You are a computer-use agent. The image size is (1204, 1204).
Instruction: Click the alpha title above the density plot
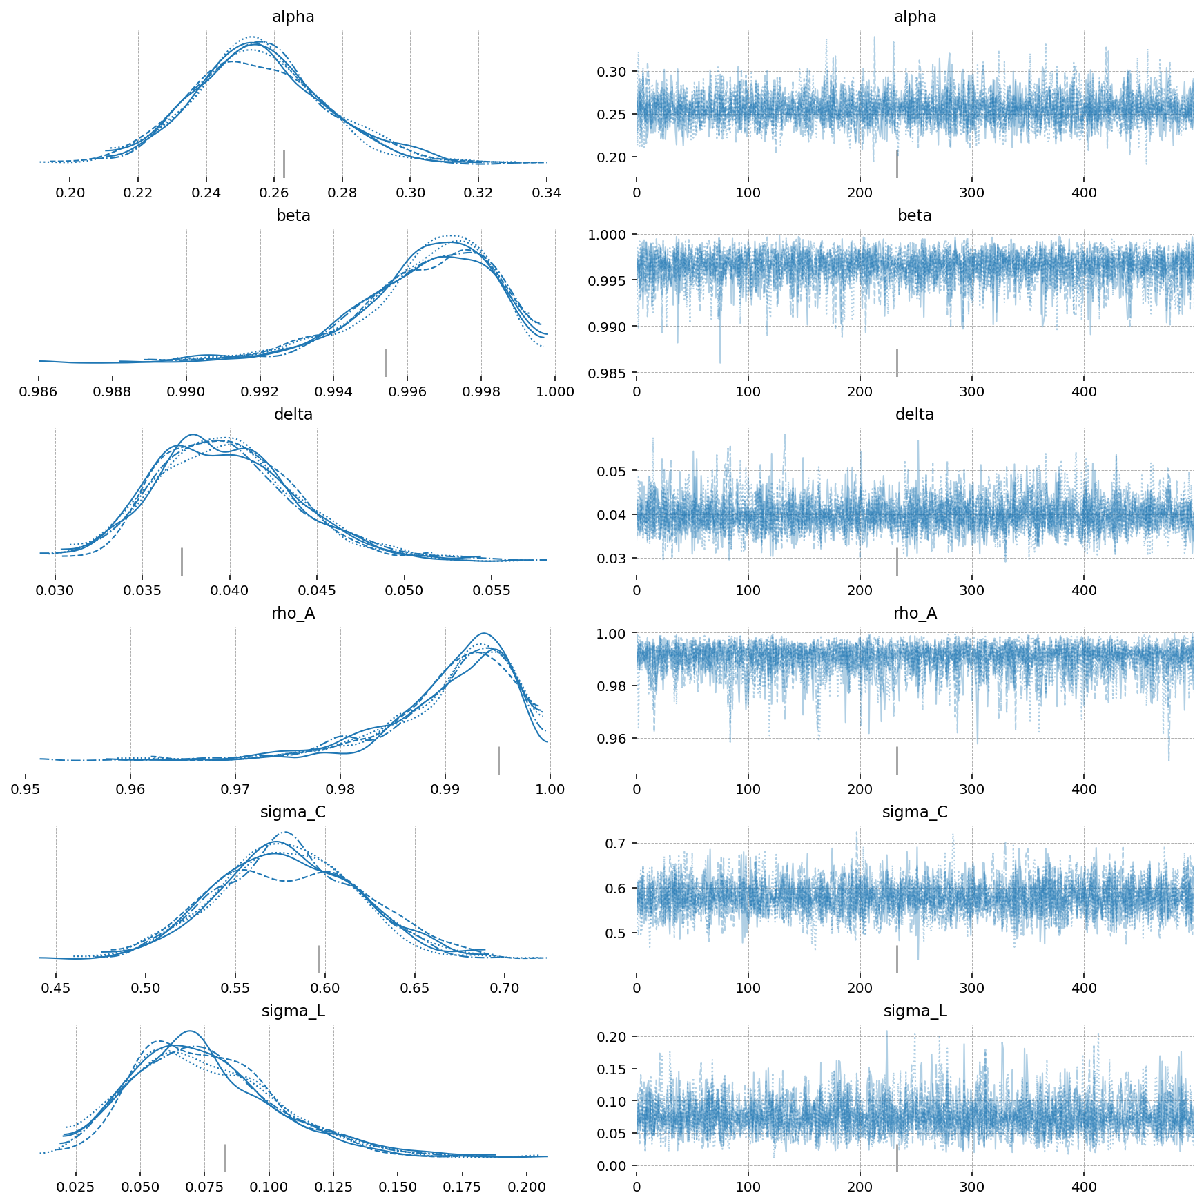pyautogui.click(x=293, y=17)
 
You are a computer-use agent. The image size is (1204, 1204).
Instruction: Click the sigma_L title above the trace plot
pyautogui.click(x=915, y=1011)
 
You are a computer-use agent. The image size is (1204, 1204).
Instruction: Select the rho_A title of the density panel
pyautogui.click(x=293, y=613)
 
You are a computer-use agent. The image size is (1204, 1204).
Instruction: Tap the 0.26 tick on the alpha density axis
pyautogui.click(x=274, y=193)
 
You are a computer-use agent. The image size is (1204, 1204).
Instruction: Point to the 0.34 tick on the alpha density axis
pyautogui.click(x=547, y=193)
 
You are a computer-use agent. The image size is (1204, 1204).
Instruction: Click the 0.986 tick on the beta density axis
pyautogui.click(x=39, y=391)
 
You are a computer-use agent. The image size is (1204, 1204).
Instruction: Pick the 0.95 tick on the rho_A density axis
pyautogui.click(x=26, y=789)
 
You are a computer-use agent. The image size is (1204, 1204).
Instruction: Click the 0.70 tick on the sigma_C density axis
pyautogui.click(x=505, y=988)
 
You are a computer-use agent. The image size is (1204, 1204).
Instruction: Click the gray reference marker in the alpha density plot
pyautogui.click(x=284, y=164)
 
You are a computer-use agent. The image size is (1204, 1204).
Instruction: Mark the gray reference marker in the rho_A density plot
pyautogui.click(x=498, y=760)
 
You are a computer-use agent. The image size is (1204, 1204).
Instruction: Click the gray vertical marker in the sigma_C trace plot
pyautogui.click(x=897, y=959)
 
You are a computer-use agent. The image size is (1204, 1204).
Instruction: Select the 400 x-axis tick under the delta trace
pyautogui.click(x=1084, y=590)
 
